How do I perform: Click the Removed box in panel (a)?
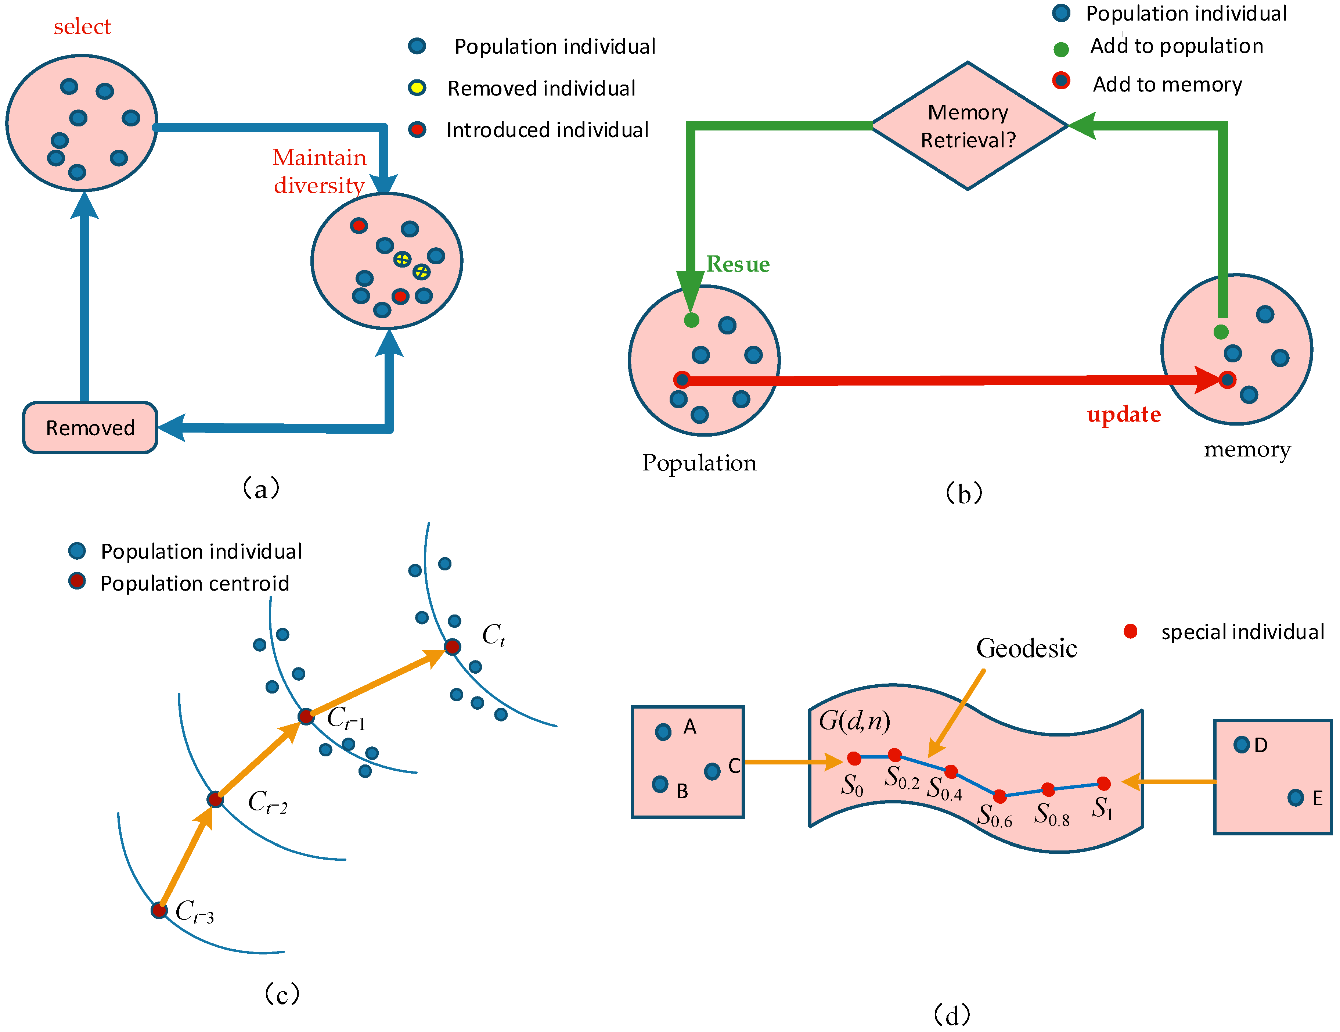pos(90,428)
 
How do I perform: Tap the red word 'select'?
pos(82,26)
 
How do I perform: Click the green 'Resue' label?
pos(738,264)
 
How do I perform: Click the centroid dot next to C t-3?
pos(159,910)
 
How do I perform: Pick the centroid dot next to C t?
pos(452,646)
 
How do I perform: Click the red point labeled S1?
pos(1103,783)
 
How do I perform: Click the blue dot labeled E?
pos(1295,798)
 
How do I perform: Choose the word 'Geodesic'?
pos(1026,648)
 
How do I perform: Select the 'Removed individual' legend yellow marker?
pos(417,88)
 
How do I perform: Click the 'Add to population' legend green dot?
pos(1061,49)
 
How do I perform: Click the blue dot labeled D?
pos(1241,745)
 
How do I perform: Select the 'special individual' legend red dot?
pos(1130,631)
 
